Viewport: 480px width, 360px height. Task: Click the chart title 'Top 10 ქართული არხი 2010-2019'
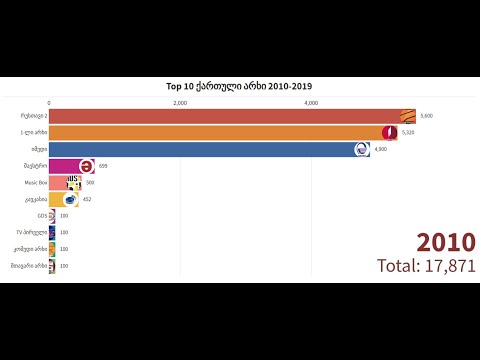[240, 87]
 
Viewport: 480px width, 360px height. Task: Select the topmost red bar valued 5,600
[225, 115]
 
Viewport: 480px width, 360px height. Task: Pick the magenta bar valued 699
[65, 166]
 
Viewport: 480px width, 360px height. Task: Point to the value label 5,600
[427, 115]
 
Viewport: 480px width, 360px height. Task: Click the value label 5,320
[408, 132]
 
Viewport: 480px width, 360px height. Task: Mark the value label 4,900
[380, 149]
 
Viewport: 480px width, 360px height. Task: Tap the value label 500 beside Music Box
[91, 183]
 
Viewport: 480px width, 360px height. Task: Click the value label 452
[87, 199]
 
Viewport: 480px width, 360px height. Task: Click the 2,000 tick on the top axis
[180, 103]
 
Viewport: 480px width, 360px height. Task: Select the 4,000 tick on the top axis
[311, 103]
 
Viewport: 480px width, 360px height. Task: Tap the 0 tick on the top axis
[49, 103]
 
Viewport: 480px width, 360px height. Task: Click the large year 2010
[446, 243]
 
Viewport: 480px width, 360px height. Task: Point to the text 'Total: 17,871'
[426, 265]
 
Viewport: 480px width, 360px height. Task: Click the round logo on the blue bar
[362, 149]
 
